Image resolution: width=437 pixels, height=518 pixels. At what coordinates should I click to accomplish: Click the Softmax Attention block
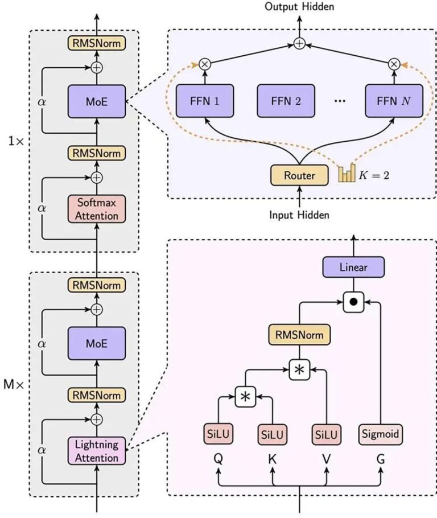[x=96, y=208]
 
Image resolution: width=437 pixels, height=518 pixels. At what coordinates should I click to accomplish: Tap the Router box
[x=299, y=176]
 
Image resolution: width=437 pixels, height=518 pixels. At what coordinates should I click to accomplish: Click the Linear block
[x=353, y=266]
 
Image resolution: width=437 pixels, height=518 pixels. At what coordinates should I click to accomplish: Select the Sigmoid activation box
[x=381, y=435]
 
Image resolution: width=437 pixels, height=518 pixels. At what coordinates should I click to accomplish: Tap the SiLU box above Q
[x=219, y=435]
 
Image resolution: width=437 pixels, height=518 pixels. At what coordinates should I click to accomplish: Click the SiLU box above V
[x=326, y=435]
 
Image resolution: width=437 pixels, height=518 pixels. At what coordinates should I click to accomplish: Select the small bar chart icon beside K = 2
[x=346, y=174]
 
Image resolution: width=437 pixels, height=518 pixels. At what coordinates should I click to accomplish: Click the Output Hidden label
[x=299, y=7]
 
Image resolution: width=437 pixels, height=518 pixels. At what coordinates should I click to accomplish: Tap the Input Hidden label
[x=299, y=215]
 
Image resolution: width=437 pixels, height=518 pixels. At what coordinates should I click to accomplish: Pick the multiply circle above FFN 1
[x=203, y=64]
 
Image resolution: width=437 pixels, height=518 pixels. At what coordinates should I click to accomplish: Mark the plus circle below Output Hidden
[x=299, y=43]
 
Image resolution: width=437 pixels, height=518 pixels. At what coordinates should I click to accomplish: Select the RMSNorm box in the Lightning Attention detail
[x=299, y=335]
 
